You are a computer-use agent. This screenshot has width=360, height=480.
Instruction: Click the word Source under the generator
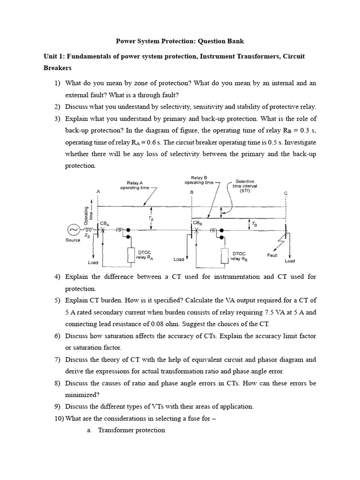point(73,240)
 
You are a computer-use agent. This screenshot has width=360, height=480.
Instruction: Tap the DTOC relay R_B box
point(224,255)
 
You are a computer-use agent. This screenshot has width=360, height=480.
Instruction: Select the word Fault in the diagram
point(273,255)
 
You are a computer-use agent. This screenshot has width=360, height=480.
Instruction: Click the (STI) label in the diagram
point(245,191)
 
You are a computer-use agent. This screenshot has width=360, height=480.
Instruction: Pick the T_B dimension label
point(254,225)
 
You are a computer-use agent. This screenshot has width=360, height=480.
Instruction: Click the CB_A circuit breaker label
point(104,224)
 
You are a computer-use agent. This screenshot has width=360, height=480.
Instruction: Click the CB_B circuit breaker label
point(198,223)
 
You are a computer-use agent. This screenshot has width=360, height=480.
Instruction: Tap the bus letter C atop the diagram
point(285,193)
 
